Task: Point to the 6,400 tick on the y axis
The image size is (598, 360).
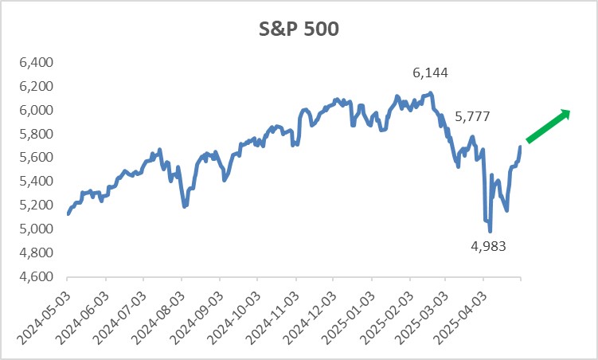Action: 34,62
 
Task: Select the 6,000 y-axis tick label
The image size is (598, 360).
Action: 34,110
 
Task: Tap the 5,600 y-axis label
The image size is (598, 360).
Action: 34,158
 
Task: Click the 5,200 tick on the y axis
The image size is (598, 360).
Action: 34,205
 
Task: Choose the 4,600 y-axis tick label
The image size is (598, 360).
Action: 34,277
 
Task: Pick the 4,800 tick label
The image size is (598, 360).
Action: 34,253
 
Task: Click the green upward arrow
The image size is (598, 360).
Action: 549,126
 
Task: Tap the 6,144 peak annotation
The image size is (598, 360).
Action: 430,73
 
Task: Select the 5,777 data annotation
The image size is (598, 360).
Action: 472,117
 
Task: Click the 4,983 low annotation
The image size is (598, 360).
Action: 488,245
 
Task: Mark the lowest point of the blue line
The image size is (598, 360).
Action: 490,231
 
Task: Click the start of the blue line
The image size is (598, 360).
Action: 68,213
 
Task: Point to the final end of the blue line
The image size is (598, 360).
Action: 521,147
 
